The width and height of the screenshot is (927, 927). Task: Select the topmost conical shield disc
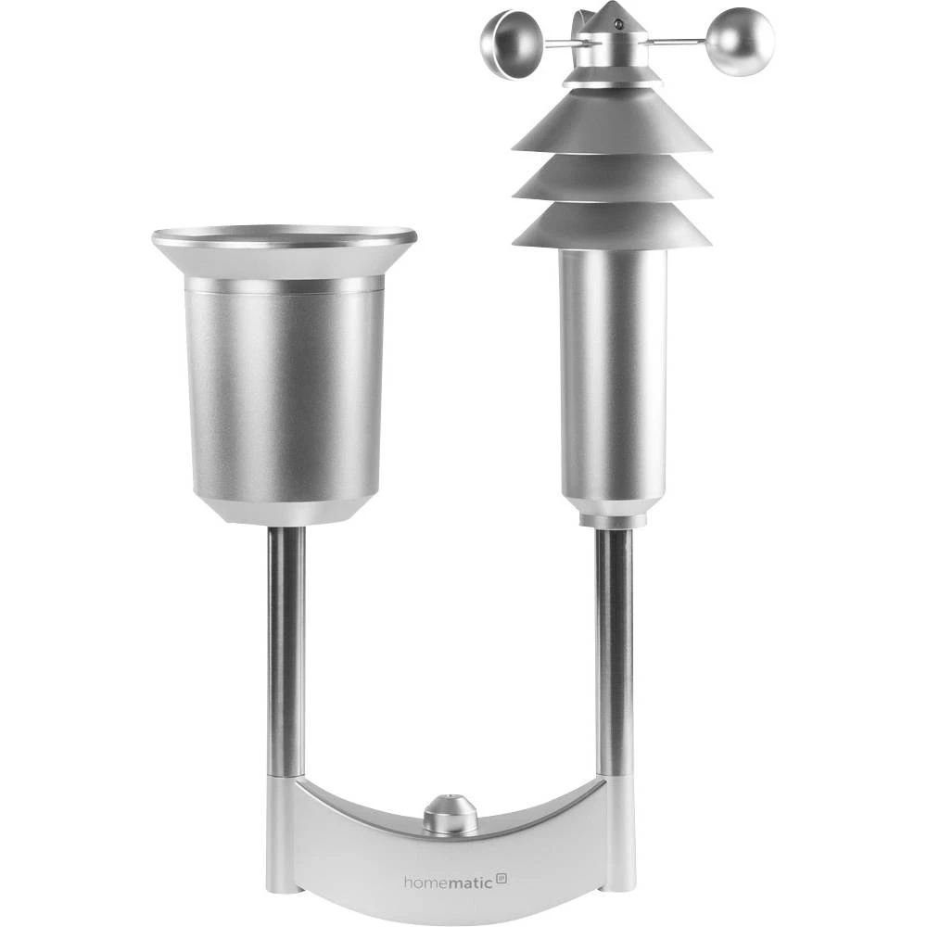pyautogui.click(x=611, y=125)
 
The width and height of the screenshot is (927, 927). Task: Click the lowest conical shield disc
pyautogui.click(x=612, y=227)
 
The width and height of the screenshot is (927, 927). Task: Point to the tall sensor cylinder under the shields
pyautogui.click(x=612, y=371)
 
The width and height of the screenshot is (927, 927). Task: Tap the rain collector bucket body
pyautogui.click(x=285, y=389)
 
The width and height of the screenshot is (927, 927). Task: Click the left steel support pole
pyautogui.click(x=286, y=649)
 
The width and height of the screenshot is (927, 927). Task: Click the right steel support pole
pyautogui.click(x=614, y=649)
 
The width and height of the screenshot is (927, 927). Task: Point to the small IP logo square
pyautogui.click(x=502, y=877)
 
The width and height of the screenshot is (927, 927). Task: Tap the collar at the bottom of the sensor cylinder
pyautogui.click(x=612, y=512)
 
